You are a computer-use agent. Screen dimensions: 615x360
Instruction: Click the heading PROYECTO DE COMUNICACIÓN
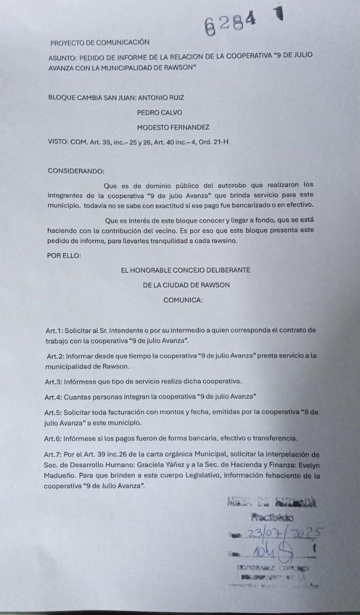click(x=100, y=42)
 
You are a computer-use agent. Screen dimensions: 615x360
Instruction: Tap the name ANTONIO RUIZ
click(x=159, y=97)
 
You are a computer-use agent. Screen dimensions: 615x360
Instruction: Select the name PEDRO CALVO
click(x=159, y=112)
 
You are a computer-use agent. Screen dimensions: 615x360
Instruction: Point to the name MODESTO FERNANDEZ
click(x=173, y=127)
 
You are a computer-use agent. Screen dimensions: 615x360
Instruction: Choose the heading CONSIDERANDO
click(x=76, y=171)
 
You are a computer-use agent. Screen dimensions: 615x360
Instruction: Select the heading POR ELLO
click(x=64, y=255)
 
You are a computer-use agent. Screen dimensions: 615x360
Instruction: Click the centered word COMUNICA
click(x=183, y=300)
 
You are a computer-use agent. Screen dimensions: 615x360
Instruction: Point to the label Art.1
click(x=54, y=330)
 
